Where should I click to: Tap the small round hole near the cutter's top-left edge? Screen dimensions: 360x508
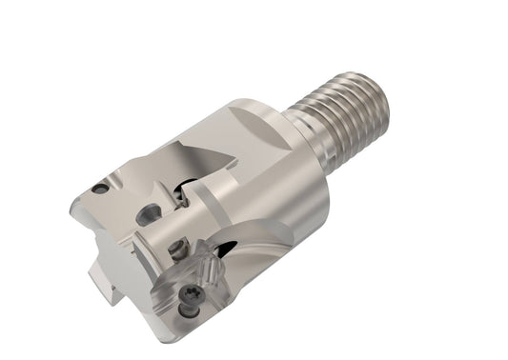[100, 188]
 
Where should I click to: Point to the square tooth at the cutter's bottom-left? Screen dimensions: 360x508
[101, 280]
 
